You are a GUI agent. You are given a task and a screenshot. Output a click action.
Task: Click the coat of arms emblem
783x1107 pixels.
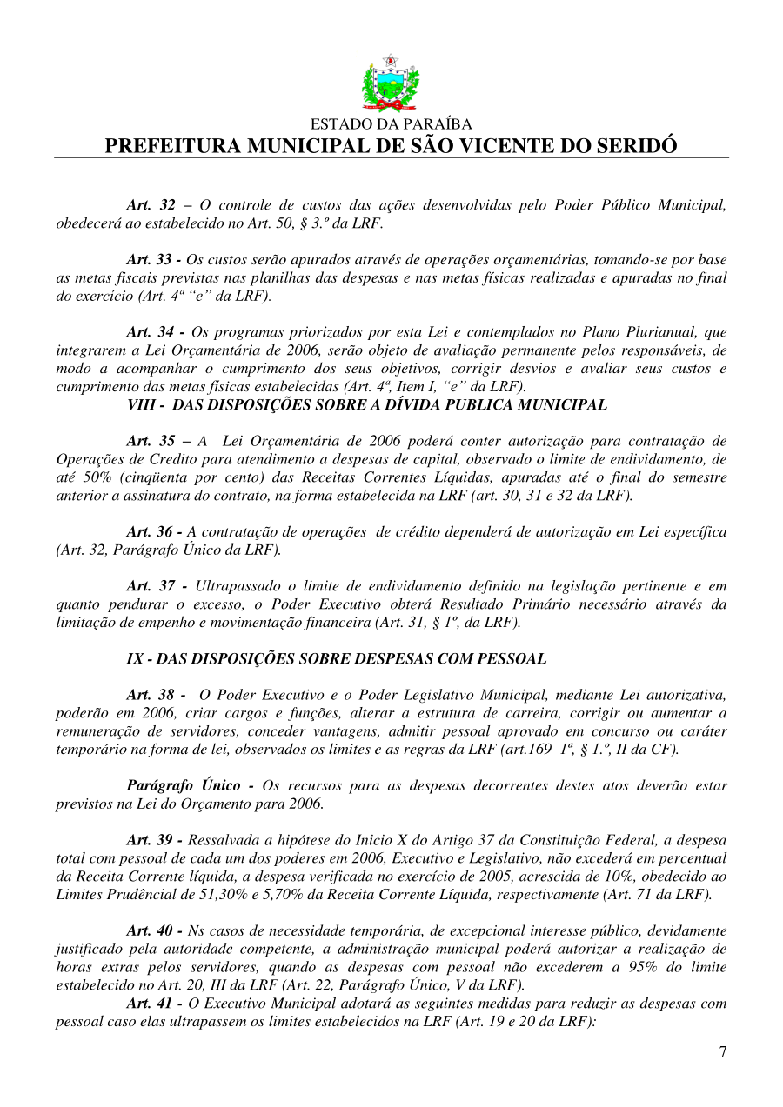[391, 83]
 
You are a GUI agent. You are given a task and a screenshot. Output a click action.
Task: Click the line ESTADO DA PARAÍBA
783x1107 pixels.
[391, 125]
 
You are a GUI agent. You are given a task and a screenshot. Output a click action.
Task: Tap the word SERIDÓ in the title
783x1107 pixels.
[633, 146]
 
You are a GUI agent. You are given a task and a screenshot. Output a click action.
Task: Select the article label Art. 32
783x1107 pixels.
[151, 206]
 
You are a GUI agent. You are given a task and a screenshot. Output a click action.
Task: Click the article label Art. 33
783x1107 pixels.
[151, 260]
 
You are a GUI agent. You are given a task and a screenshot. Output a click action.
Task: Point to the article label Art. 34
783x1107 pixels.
[151, 332]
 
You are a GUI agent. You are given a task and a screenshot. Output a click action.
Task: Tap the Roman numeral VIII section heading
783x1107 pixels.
[366, 404]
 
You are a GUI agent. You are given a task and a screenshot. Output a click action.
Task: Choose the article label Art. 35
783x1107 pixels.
[151, 441]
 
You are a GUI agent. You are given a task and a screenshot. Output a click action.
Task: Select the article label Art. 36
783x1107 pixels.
[151, 532]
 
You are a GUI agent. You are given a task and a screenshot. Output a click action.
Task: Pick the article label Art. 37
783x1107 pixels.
[151, 586]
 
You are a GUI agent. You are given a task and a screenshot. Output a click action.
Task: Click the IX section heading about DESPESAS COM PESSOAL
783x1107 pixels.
[336, 658]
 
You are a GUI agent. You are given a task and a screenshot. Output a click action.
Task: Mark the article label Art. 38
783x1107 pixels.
[151, 695]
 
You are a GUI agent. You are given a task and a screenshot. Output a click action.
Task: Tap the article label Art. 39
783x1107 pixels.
[151, 840]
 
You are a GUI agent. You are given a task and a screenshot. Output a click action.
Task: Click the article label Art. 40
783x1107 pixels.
[151, 930]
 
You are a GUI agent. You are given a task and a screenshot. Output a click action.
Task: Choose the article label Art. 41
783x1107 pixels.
[151, 1003]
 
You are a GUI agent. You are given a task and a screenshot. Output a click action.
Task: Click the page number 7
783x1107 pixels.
[722, 1051]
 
